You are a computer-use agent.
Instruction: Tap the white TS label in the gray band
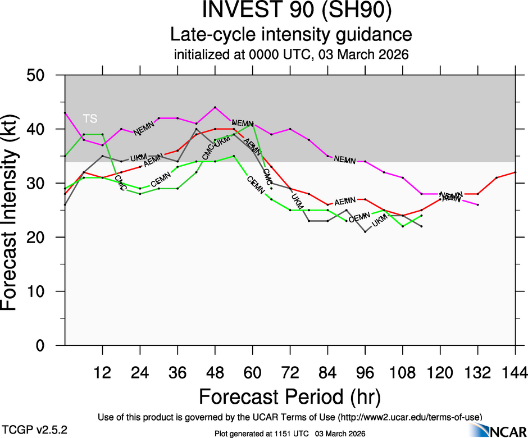pyautogui.click(x=90, y=118)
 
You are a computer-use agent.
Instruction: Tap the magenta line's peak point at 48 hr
pyautogui.click(x=215, y=107)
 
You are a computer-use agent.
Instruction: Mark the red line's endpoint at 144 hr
pyautogui.click(x=516, y=172)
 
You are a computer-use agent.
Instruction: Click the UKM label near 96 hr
pyautogui.click(x=380, y=222)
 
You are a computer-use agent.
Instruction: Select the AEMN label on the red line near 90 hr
pyautogui.click(x=345, y=202)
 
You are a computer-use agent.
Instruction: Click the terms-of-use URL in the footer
pyautogui.click(x=409, y=417)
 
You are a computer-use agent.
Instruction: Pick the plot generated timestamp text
pyautogui.click(x=290, y=434)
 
